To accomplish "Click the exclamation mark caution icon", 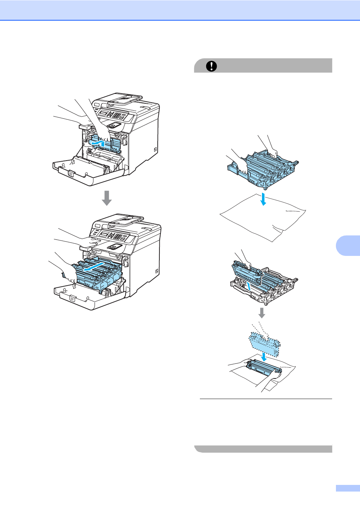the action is point(211,66).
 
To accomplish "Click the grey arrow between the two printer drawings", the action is point(107,198).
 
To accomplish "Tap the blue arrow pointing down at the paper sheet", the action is point(263,199).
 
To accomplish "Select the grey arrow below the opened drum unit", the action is point(262,312).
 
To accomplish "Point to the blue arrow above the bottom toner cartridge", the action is point(264,356).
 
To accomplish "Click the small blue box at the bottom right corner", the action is point(347,488).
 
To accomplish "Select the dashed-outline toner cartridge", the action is point(264,343).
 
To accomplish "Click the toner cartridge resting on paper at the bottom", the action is point(263,369).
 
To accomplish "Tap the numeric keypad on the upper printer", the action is point(117,115).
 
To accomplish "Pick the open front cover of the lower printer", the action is point(89,297).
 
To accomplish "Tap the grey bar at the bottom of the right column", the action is point(263,449).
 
